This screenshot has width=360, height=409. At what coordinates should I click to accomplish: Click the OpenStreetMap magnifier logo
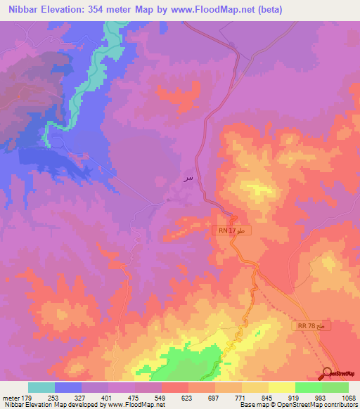tap(328, 373)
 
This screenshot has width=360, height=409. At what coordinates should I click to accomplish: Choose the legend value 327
tap(82, 397)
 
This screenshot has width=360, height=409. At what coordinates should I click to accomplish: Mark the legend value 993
tap(322, 397)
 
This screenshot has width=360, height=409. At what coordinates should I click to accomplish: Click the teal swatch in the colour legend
tap(41, 387)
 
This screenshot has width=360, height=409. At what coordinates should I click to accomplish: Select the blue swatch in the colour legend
tap(68, 387)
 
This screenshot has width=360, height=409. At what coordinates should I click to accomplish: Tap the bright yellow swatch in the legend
tap(281, 387)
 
